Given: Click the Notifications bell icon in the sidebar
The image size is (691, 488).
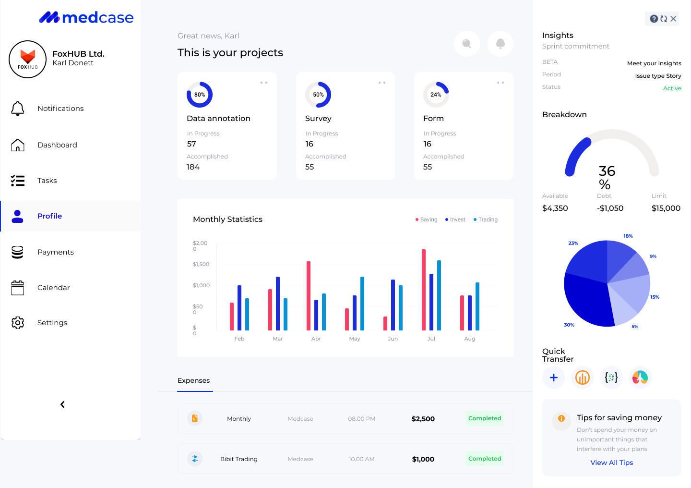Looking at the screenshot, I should click(x=18, y=109).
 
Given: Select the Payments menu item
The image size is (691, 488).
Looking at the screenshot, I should click(x=56, y=252).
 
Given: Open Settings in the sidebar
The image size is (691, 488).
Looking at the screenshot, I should click(x=52, y=323).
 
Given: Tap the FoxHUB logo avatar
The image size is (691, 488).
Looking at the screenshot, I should click(x=28, y=60).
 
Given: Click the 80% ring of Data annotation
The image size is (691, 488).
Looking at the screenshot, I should click(x=200, y=95).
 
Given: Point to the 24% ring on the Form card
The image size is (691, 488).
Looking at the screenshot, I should click(x=436, y=95).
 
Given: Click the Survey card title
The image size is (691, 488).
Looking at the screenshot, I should click(x=318, y=119).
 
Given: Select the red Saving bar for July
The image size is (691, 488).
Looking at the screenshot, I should click(x=424, y=290).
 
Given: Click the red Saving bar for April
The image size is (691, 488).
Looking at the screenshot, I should click(x=309, y=295).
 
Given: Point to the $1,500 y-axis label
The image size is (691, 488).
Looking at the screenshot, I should click(x=201, y=264).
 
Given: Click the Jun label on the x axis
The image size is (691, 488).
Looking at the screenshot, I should click(x=393, y=339).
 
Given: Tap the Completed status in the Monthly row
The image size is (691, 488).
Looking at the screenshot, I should click(x=485, y=418).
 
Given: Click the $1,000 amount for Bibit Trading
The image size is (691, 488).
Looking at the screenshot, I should click(x=423, y=459).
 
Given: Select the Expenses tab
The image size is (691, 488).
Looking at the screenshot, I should click(x=194, y=380).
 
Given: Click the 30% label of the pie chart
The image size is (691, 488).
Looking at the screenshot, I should click(x=569, y=325).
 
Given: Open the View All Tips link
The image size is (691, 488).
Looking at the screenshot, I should click(x=611, y=463).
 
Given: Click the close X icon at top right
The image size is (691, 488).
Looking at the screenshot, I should click(x=673, y=19).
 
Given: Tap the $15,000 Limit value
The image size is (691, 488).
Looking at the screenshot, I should click(x=666, y=208).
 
